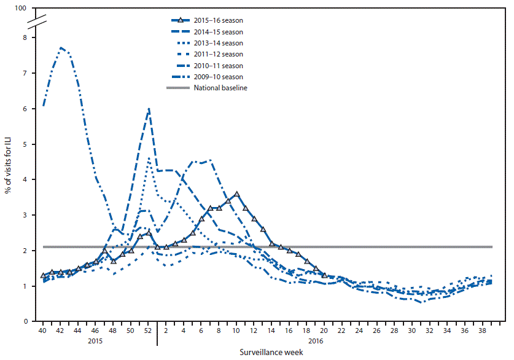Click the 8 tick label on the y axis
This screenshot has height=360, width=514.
point(25,37)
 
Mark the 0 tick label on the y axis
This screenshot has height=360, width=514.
point(25,321)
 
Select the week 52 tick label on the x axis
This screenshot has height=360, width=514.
point(148,331)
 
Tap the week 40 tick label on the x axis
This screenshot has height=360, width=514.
point(42,331)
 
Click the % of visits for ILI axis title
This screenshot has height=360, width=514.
point(9,165)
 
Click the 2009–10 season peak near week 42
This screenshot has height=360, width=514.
point(61,47)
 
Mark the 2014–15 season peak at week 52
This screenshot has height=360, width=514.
point(149,109)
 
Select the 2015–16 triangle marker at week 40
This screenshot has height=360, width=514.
point(42,276)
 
